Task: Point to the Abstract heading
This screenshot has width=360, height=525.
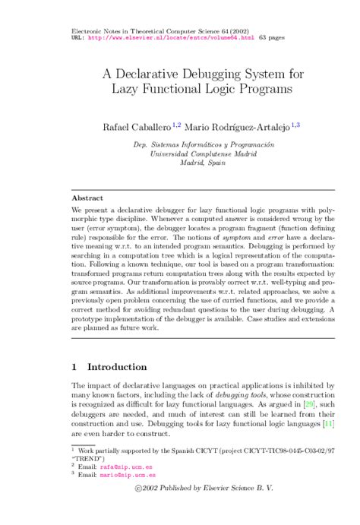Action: pyautogui.click(x=87, y=197)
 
